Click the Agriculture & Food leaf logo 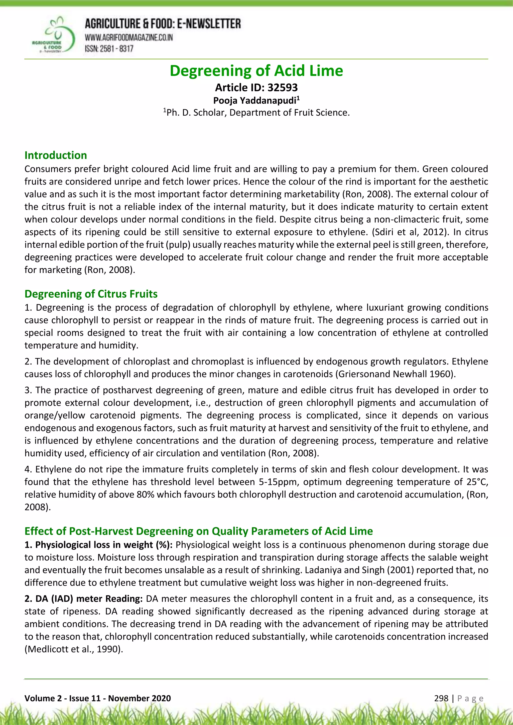point(54,35)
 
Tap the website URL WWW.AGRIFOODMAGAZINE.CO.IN point(129,38)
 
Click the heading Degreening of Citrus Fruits point(91,294)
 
